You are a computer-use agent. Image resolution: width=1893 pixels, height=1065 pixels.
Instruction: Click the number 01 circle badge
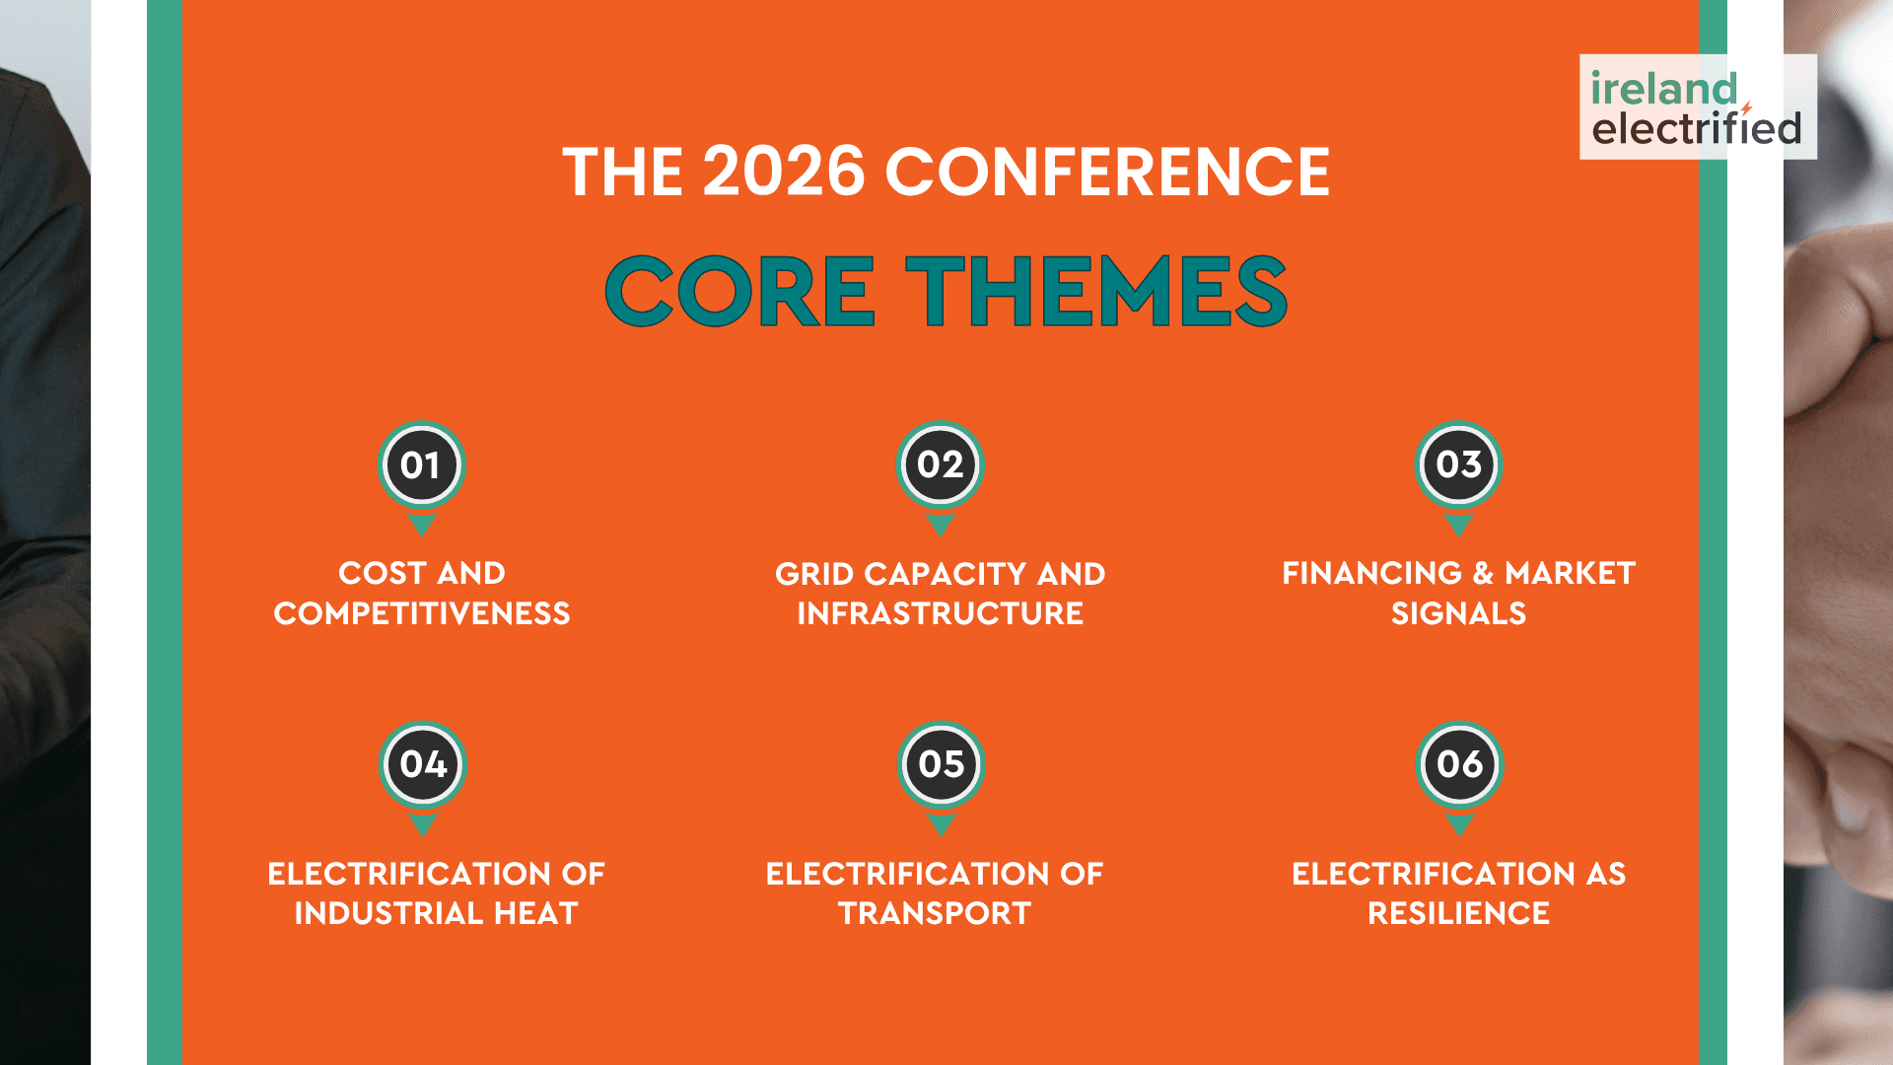(x=422, y=464)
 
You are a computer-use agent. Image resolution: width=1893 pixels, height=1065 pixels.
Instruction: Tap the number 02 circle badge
(x=941, y=464)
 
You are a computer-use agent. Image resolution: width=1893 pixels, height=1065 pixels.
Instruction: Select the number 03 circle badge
(x=1459, y=464)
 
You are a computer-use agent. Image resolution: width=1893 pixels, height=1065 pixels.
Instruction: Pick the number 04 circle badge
(x=422, y=764)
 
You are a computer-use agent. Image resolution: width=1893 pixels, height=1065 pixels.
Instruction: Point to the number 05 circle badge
(x=941, y=764)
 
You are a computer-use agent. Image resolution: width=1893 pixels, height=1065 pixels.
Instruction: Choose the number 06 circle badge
(x=1459, y=764)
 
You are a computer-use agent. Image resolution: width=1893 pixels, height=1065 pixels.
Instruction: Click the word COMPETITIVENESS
(x=422, y=613)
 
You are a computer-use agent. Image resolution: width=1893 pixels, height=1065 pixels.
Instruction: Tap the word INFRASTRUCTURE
(x=941, y=613)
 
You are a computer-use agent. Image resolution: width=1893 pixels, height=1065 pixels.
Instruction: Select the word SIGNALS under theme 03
(x=1459, y=613)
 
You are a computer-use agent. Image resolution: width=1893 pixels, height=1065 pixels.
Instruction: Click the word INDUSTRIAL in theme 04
(x=389, y=913)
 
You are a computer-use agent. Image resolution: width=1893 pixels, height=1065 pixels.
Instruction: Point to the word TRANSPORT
(x=935, y=913)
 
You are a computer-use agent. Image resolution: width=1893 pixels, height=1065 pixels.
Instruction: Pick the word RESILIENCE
(x=1459, y=913)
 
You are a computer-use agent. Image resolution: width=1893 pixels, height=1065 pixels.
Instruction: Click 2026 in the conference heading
(x=784, y=172)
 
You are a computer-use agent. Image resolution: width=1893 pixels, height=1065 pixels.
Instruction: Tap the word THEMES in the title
(x=1096, y=291)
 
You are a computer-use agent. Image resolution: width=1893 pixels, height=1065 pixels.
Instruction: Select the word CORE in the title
(x=739, y=291)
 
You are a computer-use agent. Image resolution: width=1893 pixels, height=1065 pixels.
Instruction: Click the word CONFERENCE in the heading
(x=1107, y=172)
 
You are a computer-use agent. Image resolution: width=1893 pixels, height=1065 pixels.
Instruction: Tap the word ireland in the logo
(x=1663, y=89)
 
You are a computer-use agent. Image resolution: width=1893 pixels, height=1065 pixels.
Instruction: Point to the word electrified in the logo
(x=1697, y=128)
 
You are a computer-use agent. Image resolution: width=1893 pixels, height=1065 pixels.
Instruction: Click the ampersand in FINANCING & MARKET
(x=1483, y=573)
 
